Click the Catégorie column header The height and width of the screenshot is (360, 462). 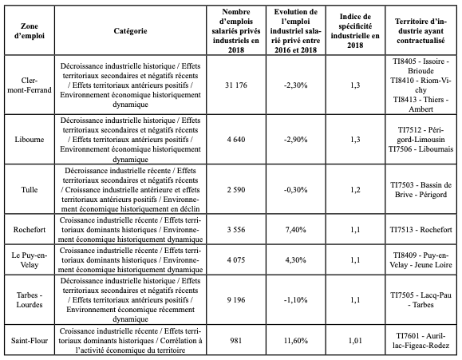tap(130, 31)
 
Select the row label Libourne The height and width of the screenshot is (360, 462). tap(30, 140)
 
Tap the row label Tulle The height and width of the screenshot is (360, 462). tap(30, 190)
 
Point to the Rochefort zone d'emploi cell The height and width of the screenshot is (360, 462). tap(30, 230)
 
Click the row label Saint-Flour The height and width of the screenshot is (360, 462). tap(30, 341)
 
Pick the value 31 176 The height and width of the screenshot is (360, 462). tap(236, 85)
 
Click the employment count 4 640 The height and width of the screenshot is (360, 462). tap(236, 140)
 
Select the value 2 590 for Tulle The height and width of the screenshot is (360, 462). tap(236, 190)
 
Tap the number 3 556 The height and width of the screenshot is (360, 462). tap(236, 230)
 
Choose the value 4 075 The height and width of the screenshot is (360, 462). tap(236, 260)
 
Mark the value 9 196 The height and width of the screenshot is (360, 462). tap(236, 300)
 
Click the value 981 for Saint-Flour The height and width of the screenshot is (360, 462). tap(236, 341)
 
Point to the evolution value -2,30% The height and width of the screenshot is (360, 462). tap(296, 85)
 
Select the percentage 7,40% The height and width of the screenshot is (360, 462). tap(296, 230)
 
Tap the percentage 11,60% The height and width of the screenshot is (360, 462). tap(296, 341)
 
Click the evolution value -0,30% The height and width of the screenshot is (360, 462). tap(296, 190)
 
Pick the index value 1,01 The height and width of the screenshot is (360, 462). tap(355, 341)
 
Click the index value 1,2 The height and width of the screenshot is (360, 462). tap(355, 190)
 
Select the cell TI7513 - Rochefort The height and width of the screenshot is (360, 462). tap(421, 230)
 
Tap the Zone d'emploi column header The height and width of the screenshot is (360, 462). tap(30, 31)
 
